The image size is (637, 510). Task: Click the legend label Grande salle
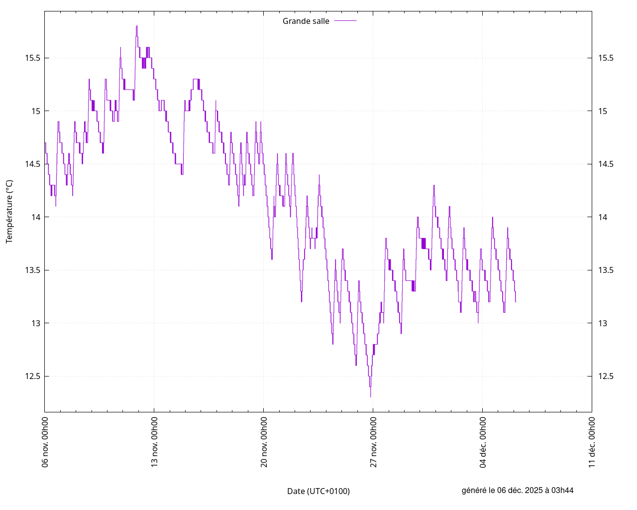coord(306,21)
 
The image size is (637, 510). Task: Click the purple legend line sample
coord(345,21)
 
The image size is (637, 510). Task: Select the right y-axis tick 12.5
coord(606,376)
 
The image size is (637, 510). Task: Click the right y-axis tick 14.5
coord(606,164)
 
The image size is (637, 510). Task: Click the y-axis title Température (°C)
coord(9,212)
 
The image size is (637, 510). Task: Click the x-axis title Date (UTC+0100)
coord(318,491)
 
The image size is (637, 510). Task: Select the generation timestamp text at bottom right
coord(518,490)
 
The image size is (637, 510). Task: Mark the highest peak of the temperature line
coord(136,26)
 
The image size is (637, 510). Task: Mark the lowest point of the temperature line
coord(370,396)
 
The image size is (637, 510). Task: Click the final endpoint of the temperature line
coord(516,302)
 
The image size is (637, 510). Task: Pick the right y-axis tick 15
coord(603,111)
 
